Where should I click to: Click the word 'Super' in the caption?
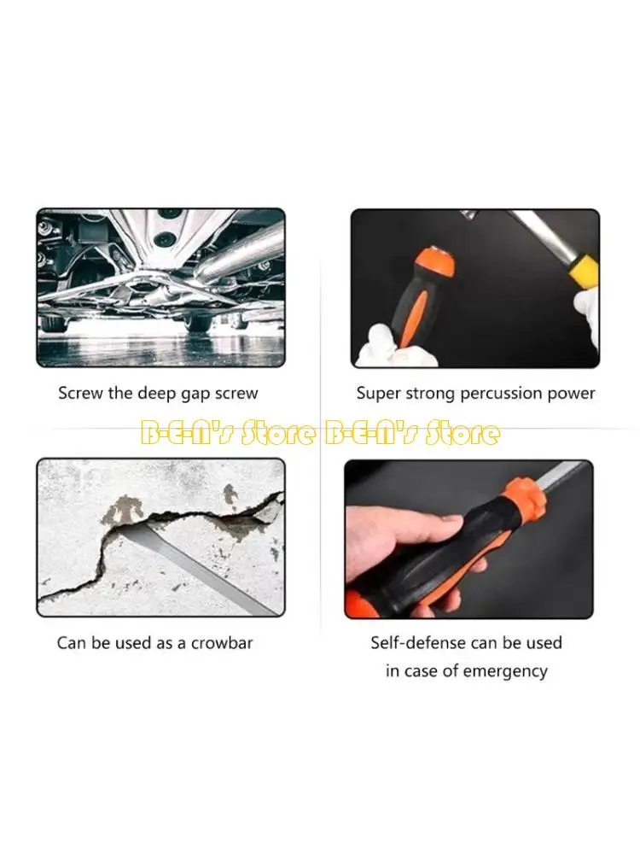(x=378, y=394)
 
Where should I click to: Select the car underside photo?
(x=160, y=288)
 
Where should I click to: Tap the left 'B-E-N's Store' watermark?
(x=228, y=433)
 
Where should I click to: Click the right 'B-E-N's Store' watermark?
(x=411, y=433)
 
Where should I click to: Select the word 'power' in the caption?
(x=573, y=394)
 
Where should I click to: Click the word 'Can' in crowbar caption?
(x=72, y=642)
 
